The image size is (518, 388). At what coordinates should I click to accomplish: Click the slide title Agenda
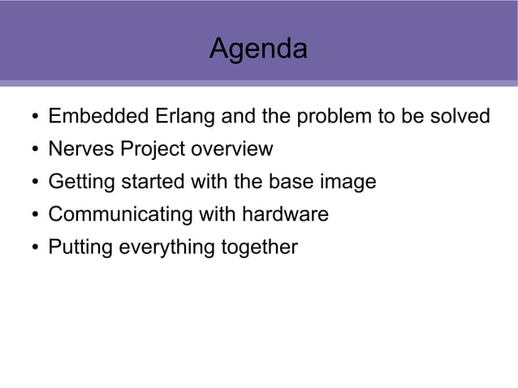coord(258,50)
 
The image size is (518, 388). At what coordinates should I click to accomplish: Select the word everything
coord(166,247)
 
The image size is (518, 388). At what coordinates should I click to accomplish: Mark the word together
coord(260,247)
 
